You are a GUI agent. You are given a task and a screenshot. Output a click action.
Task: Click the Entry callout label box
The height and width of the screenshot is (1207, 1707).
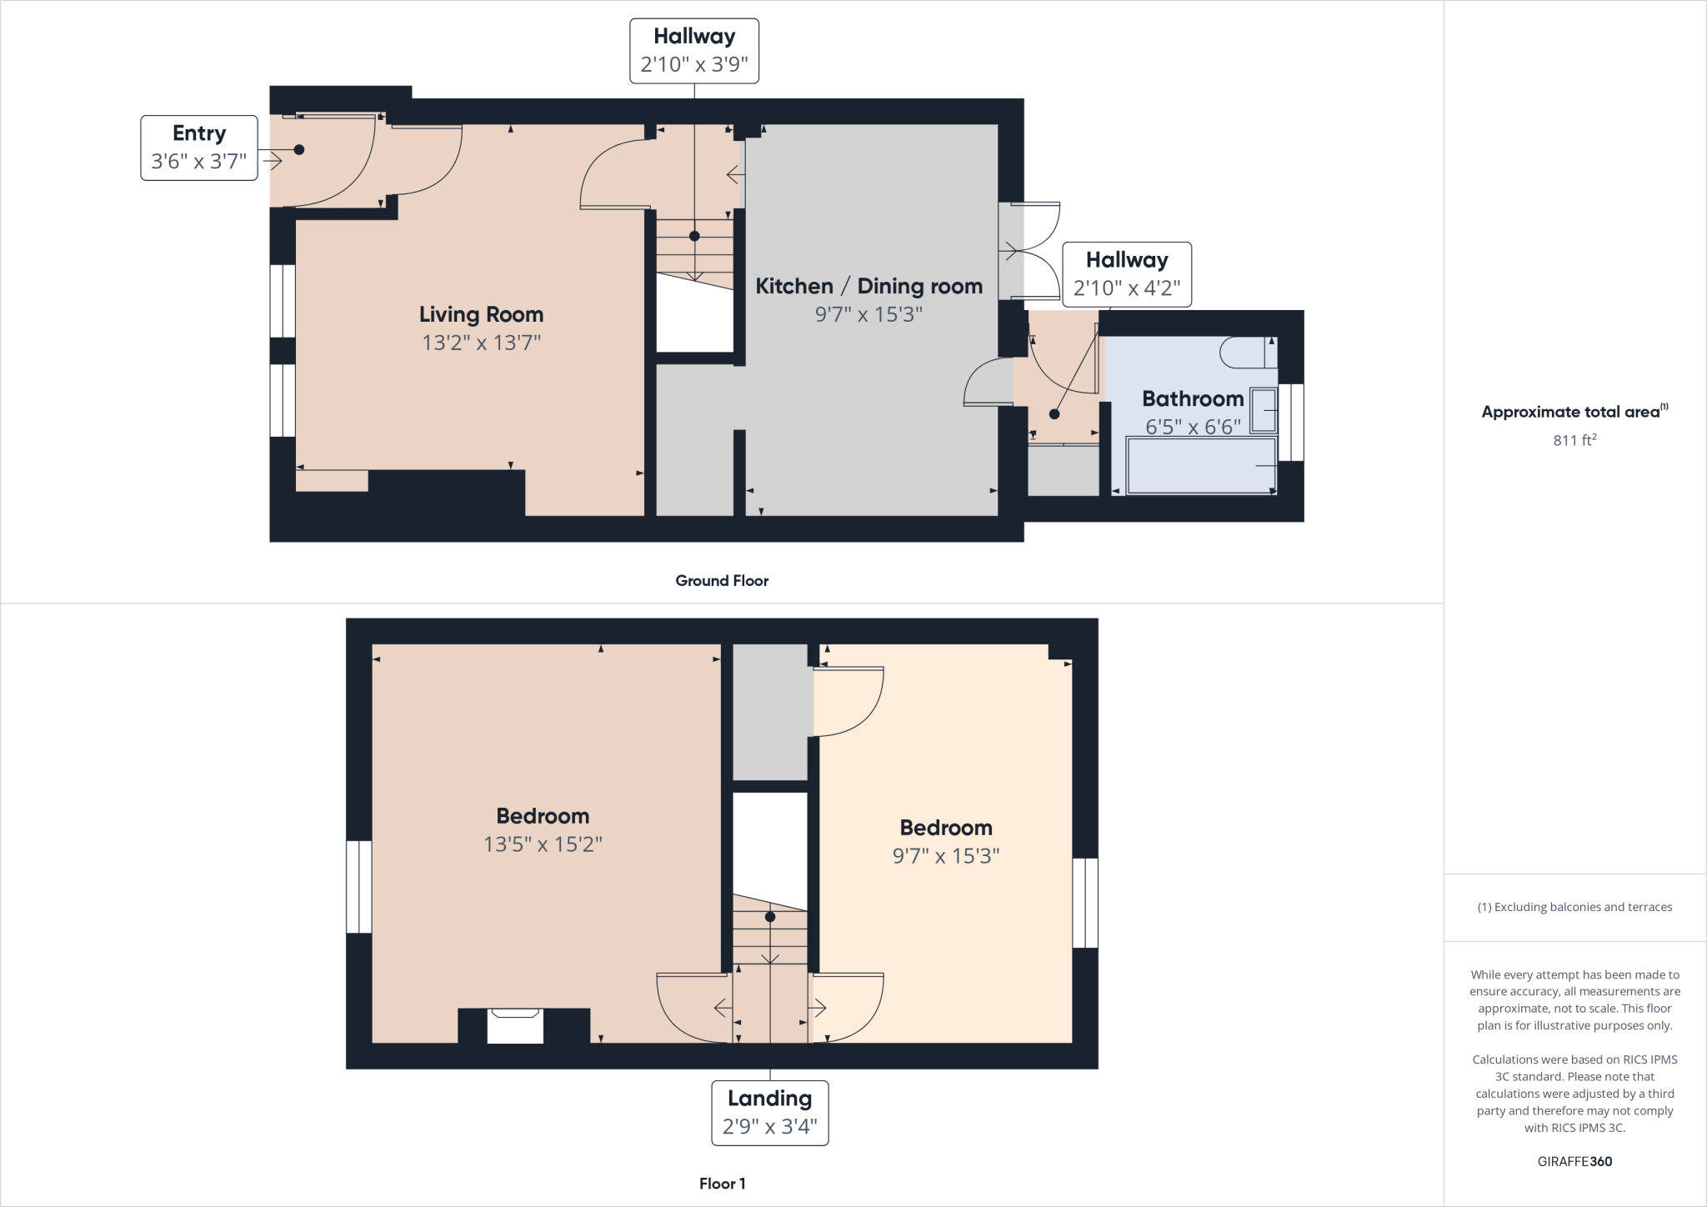198,148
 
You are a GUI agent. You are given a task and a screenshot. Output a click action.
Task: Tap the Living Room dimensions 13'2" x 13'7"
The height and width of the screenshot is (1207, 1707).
481,343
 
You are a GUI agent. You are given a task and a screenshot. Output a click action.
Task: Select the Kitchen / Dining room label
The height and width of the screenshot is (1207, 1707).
869,286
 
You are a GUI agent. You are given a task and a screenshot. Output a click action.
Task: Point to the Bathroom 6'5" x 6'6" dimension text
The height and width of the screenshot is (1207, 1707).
1192,427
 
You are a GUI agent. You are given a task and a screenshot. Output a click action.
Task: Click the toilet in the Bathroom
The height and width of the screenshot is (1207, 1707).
1247,353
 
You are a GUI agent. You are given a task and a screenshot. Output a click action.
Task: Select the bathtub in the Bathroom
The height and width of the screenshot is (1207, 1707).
1200,466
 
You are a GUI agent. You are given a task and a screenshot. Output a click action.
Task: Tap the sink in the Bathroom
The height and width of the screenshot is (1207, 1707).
1263,410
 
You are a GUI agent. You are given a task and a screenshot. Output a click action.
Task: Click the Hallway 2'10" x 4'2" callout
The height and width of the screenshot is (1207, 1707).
1126,274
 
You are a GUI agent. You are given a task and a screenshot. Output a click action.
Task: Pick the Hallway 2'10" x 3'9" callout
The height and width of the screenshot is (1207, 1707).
693,51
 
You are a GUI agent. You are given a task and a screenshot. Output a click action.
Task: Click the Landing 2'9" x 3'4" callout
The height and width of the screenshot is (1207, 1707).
769,1113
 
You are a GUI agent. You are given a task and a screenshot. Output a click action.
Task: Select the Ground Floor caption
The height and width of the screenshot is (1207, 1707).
722,581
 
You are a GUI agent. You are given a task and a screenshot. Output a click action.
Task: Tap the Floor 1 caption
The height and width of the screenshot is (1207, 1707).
722,1184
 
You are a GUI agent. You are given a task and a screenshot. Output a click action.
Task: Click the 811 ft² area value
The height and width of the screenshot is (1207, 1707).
1574,440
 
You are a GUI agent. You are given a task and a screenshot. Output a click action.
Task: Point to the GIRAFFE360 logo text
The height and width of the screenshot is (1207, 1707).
1574,1161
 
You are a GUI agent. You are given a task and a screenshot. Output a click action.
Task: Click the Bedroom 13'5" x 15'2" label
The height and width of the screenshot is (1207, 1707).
543,816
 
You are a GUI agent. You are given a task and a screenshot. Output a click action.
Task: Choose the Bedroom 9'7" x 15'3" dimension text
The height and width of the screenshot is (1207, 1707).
945,856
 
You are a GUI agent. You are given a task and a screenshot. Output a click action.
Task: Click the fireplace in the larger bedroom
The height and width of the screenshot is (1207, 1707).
515,1025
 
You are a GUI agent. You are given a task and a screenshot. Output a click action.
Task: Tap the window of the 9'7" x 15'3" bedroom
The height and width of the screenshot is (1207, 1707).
1084,903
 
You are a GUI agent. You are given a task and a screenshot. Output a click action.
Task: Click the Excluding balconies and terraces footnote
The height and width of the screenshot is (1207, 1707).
1574,907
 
